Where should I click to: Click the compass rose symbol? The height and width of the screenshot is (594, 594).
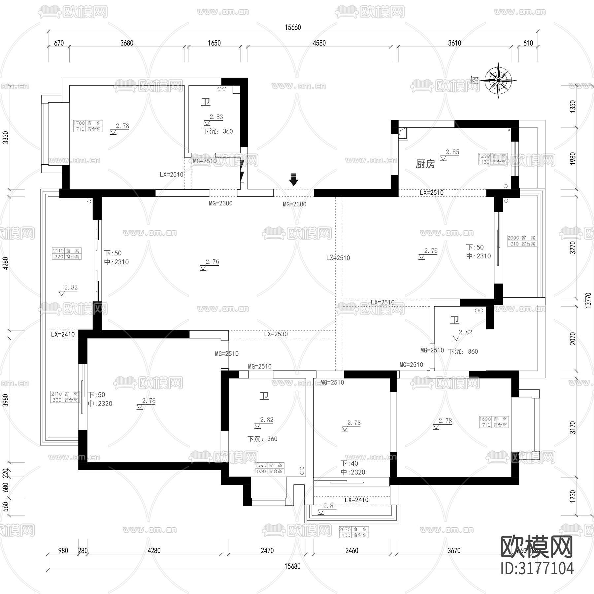(498, 80)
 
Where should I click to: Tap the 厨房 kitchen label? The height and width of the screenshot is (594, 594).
(425, 164)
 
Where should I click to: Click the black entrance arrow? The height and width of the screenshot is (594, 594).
(293, 180)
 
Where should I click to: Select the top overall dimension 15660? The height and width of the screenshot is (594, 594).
(293, 27)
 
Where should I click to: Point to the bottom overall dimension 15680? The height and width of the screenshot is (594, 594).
(292, 566)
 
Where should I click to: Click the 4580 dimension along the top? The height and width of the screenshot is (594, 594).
(319, 43)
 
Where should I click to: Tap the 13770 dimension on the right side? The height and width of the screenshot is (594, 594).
(588, 300)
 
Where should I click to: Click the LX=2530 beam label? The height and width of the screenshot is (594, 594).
(276, 334)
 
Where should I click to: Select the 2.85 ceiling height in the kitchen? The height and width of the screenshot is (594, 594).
(452, 152)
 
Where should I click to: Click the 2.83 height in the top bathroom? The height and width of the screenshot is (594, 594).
(216, 117)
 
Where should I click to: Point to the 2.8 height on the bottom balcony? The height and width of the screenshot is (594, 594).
(328, 506)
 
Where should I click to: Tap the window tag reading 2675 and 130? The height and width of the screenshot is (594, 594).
(353, 532)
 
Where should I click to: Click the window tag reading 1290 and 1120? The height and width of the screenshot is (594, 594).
(492, 159)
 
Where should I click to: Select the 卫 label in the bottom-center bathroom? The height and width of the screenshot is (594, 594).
(264, 396)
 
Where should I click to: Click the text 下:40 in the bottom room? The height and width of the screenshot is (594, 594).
(349, 463)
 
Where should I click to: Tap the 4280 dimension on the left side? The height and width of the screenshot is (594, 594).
(6, 263)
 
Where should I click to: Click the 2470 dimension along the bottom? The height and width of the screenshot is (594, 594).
(267, 550)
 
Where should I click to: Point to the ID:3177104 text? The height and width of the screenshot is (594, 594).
(537, 568)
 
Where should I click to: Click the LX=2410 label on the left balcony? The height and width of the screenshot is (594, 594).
(63, 334)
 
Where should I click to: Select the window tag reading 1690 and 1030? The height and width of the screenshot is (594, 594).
(269, 468)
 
